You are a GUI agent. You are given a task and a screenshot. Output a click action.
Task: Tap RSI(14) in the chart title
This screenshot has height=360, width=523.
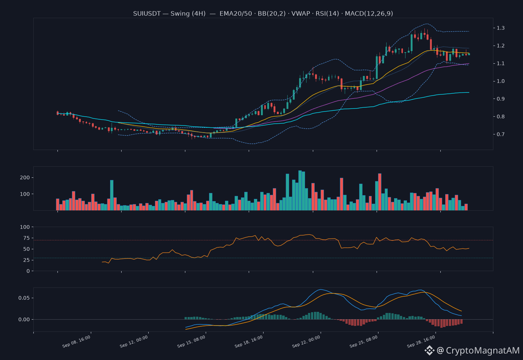(x=327, y=14)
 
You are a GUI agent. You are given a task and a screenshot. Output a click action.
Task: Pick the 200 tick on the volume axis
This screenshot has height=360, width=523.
(x=25, y=177)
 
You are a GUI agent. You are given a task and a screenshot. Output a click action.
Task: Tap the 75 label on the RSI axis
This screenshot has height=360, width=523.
(x=26, y=238)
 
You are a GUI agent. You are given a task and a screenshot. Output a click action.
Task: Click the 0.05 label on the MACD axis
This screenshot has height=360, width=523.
(x=24, y=298)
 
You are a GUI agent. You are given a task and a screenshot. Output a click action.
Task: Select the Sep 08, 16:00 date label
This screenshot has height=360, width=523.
(x=76, y=341)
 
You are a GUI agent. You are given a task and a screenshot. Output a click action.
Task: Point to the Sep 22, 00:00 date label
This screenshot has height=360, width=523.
(x=306, y=341)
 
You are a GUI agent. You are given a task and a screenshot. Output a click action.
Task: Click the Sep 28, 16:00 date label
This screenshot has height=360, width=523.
(x=421, y=341)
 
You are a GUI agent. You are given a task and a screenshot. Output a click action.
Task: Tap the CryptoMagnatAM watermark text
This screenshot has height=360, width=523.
(x=483, y=350)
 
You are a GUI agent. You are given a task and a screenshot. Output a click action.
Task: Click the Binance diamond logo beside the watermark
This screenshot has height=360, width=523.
(x=429, y=350)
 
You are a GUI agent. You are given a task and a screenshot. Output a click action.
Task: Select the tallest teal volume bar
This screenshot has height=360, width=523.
(x=300, y=190)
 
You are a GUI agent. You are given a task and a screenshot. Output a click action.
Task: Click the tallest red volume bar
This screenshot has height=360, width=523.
(x=380, y=192)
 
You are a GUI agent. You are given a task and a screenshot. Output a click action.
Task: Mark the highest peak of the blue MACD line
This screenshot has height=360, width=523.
(x=321, y=289)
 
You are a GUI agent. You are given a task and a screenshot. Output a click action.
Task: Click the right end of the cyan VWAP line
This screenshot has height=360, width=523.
(x=469, y=92)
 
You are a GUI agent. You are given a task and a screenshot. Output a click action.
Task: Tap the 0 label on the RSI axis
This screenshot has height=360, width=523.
(x=28, y=271)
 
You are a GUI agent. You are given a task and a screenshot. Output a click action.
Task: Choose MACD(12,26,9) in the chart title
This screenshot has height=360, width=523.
(x=369, y=14)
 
